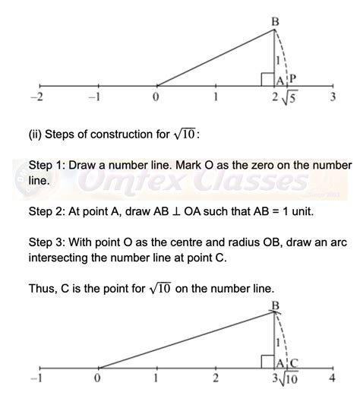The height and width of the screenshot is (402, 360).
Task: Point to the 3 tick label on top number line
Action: tap(333, 97)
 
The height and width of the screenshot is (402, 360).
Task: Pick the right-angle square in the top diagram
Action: tap(267, 78)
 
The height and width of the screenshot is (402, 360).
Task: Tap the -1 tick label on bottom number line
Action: tap(34, 378)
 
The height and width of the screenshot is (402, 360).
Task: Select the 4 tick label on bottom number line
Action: tap(332, 378)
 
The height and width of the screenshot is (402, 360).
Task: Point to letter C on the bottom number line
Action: tap(294, 362)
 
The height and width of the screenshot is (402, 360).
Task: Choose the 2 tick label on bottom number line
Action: tap(216, 378)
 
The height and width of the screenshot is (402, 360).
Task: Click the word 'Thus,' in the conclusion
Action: tap(43, 289)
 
